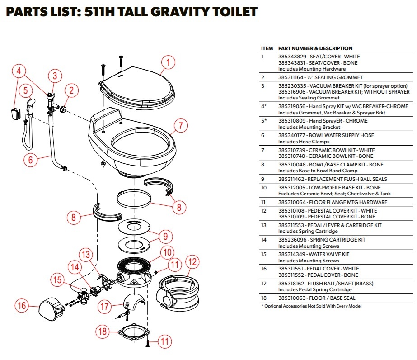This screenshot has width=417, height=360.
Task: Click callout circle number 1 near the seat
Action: (168, 62)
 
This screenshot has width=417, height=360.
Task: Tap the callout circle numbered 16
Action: (22, 306)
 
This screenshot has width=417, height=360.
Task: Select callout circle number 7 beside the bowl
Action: (180, 125)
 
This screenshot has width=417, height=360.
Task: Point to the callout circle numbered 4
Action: (19, 71)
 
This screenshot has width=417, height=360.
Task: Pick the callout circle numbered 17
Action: (104, 306)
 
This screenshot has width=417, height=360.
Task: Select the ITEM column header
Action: (267, 48)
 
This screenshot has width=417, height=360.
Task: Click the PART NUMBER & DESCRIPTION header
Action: (315, 48)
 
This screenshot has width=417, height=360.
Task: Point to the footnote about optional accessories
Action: (311, 306)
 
